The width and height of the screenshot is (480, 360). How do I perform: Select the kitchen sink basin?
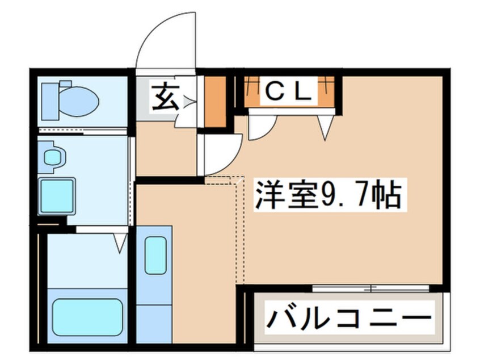(x=155, y=255)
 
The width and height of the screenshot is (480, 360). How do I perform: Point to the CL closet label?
(x=289, y=91)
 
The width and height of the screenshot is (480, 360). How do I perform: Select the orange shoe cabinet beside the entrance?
(x=214, y=101)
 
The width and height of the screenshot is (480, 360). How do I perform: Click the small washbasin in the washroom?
(x=53, y=158)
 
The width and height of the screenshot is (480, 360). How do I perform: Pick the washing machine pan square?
(x=57, y=195)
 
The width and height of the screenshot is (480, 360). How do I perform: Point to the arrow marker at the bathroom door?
(x=120, y=244)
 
